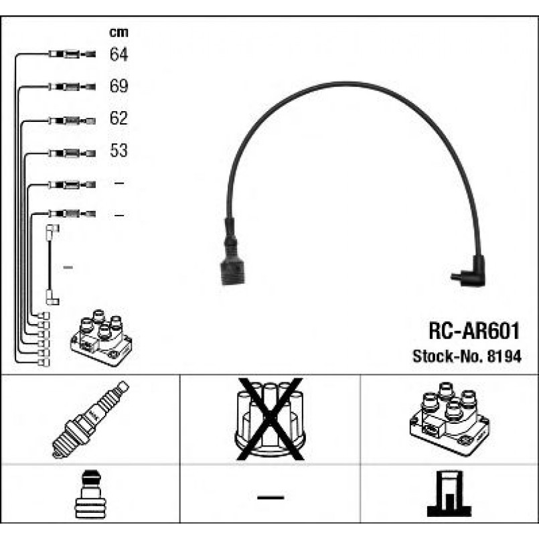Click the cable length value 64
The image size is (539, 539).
click(119, 54)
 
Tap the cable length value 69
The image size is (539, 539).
click(119, 86)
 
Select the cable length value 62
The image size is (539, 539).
click(119, 118)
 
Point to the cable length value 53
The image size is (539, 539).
click(119, 150)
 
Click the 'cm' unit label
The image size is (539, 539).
click(119, 32)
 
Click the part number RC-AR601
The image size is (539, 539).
click(473, 331)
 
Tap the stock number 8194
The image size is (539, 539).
click(504, 356)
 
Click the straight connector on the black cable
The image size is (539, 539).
click(232, 252)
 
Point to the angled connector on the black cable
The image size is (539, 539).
click(470, 272)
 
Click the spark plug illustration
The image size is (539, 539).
click(90, 419)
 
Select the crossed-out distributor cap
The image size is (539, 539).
click(270, 419)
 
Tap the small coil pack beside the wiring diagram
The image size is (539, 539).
click(101, 337)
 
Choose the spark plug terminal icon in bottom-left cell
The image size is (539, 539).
click(90, 494)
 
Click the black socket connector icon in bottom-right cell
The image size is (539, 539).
click(449, 493)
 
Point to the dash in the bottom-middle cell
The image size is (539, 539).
click(271, 497)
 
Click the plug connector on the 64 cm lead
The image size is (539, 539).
click(72, 54)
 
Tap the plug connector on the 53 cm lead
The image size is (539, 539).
click(72, 153)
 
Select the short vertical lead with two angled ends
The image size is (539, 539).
click(52, 264)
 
